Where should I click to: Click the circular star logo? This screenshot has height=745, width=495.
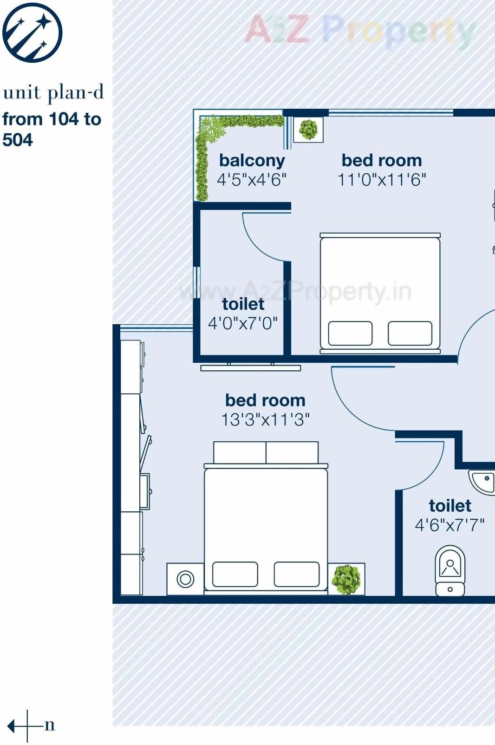click(x=32, y=32)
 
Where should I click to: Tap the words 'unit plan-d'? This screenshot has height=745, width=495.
click(x=53, y=92)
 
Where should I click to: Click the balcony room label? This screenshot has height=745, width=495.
click(x=252, y=160)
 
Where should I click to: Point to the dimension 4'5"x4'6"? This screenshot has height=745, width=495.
click(x=252, y=180)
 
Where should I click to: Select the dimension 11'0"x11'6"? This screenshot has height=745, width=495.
click(x=382, y=180)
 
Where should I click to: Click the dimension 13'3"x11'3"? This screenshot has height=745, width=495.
click(x=265, y=420)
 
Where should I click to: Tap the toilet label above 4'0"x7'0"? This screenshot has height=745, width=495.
click(x=243, y=304)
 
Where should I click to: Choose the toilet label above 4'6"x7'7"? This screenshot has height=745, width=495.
click(x=449, y=505)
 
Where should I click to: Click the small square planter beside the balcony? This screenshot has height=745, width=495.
click(x=308, y=129)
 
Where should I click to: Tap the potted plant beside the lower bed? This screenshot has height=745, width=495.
click(x=346, y=579)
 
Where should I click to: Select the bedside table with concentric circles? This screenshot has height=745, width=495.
click(x=185, y=579)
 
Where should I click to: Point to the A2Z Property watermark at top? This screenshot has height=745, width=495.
click(x=360, y=30)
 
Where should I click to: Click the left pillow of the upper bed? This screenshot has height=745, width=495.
click(x=350, y=333)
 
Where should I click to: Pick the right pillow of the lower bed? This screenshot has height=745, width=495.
click(x=296, y=574)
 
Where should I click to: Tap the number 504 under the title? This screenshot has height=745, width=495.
click(x=18, y=140)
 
